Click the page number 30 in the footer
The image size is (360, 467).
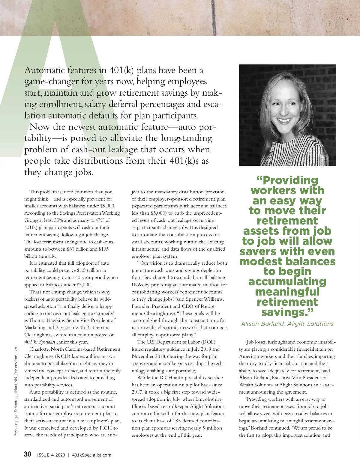(28, 454)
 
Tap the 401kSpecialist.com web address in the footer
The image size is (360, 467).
(91, 455)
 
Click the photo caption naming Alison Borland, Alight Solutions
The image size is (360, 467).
(287, 324)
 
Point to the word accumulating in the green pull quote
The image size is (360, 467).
(287, 282)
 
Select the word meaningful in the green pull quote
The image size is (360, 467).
(287, 292)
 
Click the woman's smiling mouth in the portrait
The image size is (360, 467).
(284, 120)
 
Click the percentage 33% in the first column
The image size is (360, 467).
(59, 220)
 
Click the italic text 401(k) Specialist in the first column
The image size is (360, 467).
(40, 342)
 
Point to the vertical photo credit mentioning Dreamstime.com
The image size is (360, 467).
(16, 391)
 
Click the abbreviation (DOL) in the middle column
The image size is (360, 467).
(208, 342)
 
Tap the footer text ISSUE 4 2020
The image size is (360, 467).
(51, 455)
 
